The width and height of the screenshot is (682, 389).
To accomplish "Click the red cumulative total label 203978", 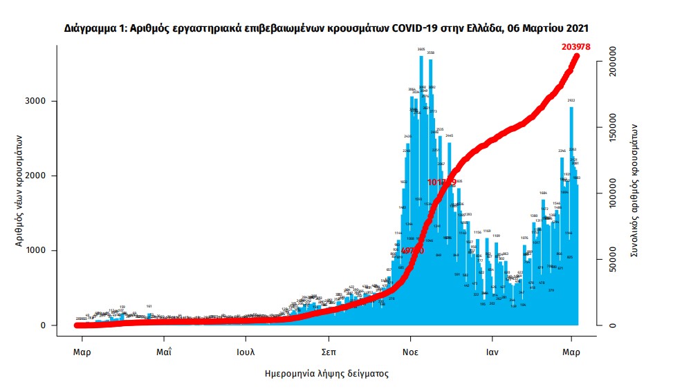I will (x=576, y=47).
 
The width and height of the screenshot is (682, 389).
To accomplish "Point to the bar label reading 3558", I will (x=431, y=53).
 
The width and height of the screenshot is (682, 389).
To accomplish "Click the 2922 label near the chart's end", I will (x=571, y=100).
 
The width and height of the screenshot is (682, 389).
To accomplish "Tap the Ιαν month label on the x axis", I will (x=492, y=351).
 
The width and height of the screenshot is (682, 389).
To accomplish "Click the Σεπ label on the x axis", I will (x=328, y=351).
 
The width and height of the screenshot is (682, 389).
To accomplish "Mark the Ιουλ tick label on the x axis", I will (x=246, y=351).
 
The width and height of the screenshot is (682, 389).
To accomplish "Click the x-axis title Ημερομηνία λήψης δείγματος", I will (x=326, y=374).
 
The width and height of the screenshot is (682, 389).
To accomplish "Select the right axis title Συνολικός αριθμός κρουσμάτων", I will (x=635, y=191).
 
